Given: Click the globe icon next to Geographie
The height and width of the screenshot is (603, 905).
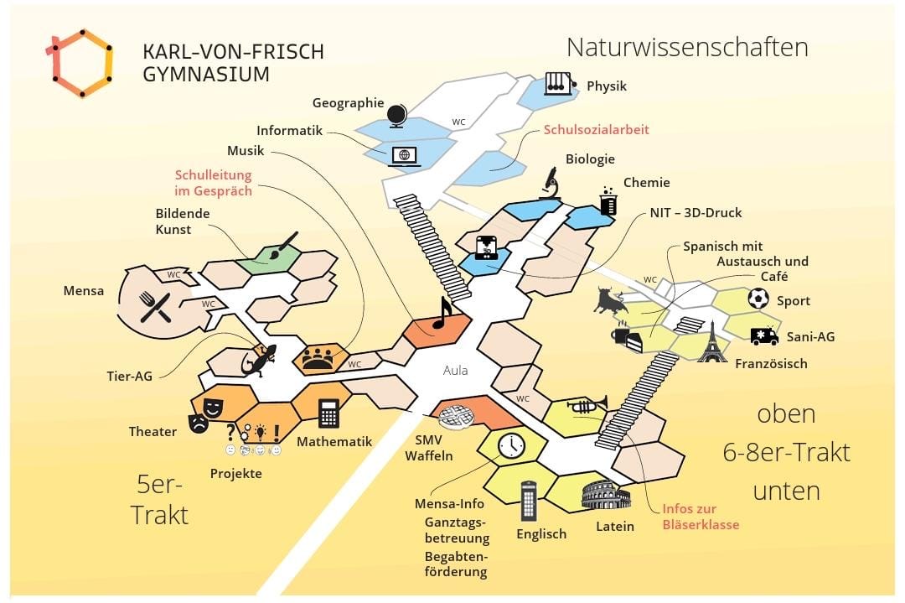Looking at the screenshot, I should click(x=396, y=113).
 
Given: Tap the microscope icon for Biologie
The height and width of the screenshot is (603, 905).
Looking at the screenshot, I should click(x=551, y=183).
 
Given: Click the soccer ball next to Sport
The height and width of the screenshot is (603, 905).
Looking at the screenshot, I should click(x=758, y=299).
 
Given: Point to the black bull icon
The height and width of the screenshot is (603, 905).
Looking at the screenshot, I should click(x=610, y=300).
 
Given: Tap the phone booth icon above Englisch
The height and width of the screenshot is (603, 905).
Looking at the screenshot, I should click(x=529, y=501).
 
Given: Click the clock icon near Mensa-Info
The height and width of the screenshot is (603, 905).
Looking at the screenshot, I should click(x=510, y=445).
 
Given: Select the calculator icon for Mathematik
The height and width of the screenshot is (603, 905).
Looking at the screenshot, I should click(x=328, y=413).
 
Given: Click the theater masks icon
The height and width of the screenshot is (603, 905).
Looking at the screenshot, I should click(x=205, y=413).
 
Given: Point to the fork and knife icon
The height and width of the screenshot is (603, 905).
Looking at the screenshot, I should click(x=155, y=307).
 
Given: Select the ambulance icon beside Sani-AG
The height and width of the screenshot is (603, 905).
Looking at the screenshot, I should click(x=764, y=336).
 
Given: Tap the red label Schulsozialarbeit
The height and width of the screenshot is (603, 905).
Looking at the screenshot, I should click(x=596, y=130).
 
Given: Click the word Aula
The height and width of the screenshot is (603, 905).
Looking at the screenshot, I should click(x=455, y=371).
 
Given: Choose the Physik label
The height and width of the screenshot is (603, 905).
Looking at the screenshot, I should click(x=606, y=86).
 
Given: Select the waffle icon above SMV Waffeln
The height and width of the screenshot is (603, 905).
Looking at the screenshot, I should click(x=458, y=415).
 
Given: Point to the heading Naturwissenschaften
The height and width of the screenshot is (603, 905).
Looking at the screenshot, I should click(x=687, y=47).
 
